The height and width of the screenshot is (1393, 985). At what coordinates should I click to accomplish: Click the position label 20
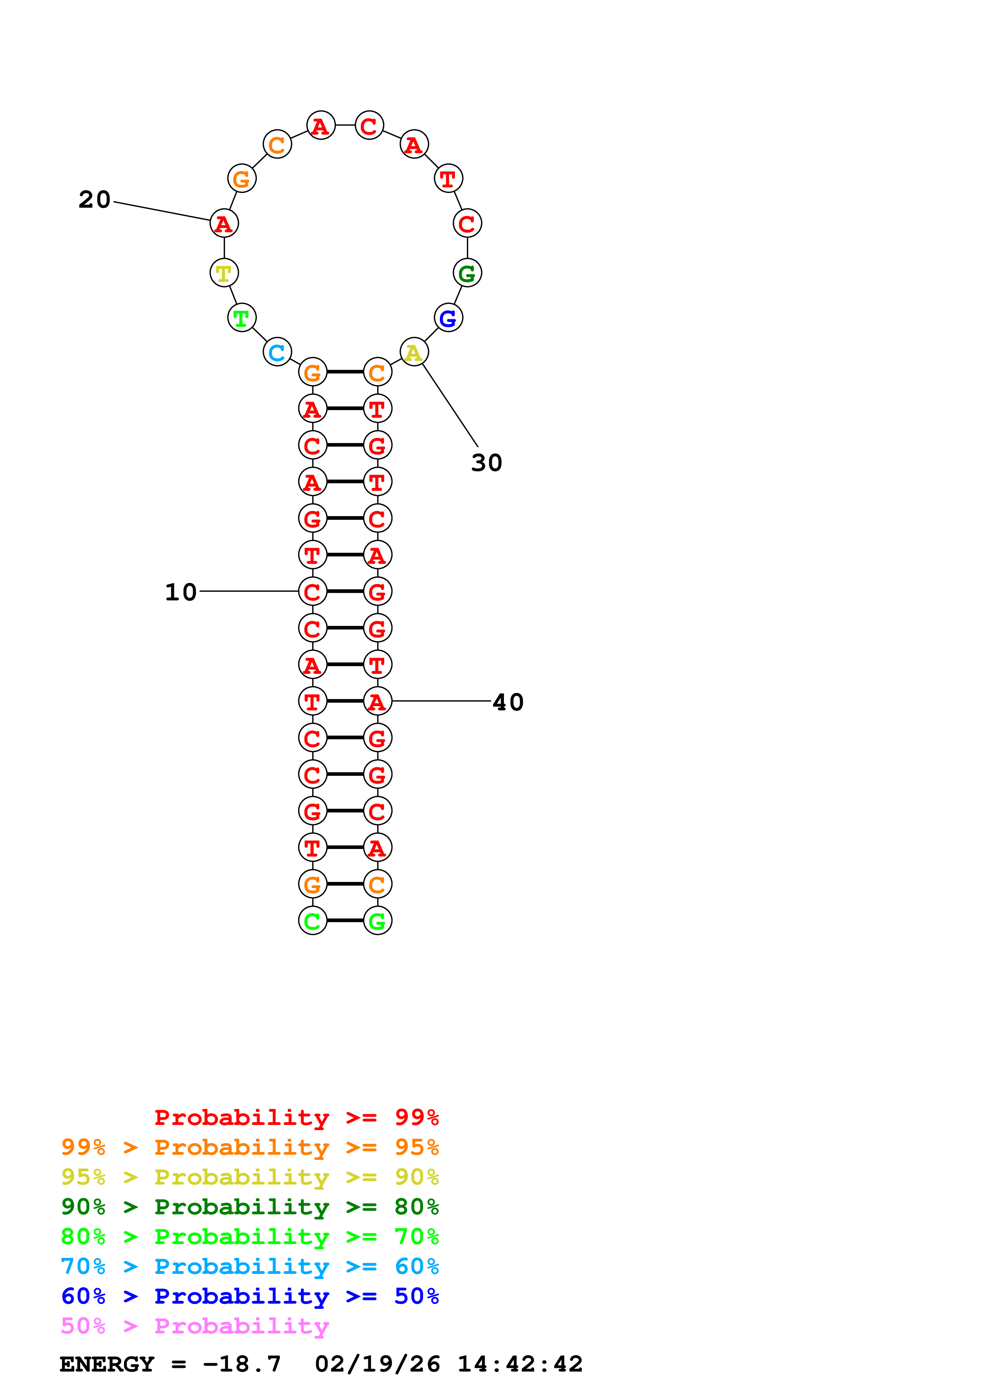coord(95,200)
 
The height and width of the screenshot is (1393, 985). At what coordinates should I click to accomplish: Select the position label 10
coord(181,592)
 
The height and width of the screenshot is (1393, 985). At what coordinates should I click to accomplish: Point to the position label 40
coord(508,702)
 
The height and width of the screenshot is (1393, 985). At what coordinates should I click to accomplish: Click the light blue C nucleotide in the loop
coord(277,353)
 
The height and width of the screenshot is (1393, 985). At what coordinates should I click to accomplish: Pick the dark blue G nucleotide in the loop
coord(449,318)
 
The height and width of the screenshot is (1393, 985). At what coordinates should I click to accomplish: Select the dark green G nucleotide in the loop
coord(467,273)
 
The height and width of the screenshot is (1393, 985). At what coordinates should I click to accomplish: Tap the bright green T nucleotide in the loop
coord(242,318)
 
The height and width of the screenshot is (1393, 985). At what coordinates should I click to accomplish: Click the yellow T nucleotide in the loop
coord(224,273)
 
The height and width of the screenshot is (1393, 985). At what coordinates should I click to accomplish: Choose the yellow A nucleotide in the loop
coord(414,353)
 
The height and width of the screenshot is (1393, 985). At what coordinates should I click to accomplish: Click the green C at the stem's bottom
coord(313,921)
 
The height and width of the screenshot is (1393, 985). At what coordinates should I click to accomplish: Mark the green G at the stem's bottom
coord(377,921)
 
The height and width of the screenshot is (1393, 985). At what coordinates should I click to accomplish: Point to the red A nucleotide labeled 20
coord(224,224)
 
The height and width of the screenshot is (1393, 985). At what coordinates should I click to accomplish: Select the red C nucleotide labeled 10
coord(313,592)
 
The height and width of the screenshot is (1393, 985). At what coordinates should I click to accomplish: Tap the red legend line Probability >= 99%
coord(296,1117)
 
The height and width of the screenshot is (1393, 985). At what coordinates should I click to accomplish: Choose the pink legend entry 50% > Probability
coord(195,1325)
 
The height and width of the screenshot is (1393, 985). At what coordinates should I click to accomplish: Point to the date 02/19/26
coord(377,1364)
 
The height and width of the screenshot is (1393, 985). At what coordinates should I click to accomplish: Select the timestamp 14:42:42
coord(519,1364)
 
